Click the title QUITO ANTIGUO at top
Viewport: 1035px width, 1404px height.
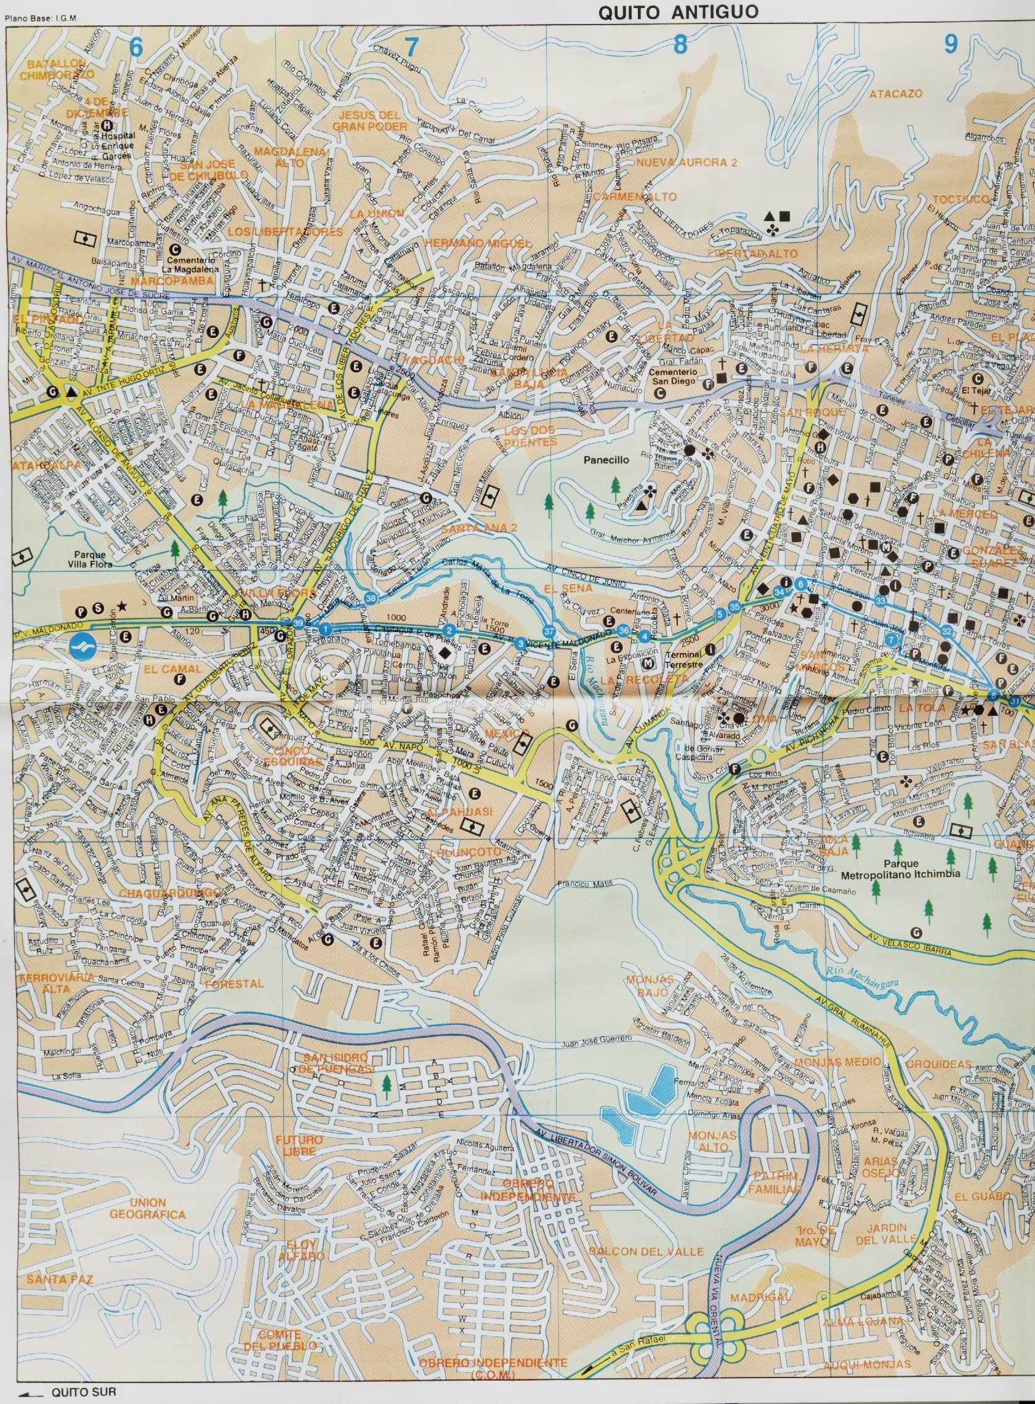click(678, 12)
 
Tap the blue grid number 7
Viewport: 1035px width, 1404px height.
click(411, 47)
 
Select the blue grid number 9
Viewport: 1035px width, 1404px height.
click(951, 44)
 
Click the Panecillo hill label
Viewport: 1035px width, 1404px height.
click(606, 460)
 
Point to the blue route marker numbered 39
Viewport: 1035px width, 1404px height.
click(298, 622)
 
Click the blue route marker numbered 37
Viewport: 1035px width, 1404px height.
click(549, 632)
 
